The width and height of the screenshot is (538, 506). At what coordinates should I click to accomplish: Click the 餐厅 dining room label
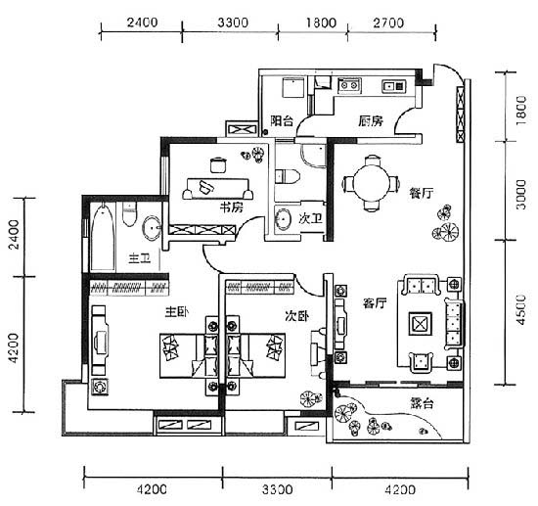[421, 193]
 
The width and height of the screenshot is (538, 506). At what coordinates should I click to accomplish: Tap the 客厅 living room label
[375, 303]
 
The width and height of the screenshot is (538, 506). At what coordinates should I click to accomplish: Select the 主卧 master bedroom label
[176, 312]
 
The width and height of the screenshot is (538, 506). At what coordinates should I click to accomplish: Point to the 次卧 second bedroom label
[297, 316]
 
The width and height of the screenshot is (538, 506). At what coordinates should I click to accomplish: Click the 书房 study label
[231, 207]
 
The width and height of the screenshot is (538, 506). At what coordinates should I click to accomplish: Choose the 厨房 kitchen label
[371, 120]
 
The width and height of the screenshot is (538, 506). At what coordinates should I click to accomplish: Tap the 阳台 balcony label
[282, 120]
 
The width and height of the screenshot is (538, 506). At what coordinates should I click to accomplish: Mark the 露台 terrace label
[422, 403]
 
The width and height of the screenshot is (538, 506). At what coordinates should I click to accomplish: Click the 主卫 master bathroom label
[140, 257]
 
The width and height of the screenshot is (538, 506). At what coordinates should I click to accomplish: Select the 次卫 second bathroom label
[310, 218]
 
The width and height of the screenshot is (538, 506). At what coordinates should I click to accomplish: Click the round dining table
[372, 182]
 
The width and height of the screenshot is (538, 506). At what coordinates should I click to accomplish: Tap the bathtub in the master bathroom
[103, 236]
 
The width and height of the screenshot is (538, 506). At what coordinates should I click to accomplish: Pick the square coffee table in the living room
[420, 324]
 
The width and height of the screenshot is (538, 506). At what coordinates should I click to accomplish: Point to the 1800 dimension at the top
[321, 23]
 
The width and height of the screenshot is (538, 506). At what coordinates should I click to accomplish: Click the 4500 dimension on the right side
[521, 309]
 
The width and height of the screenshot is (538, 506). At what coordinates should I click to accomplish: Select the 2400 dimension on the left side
[15, 235]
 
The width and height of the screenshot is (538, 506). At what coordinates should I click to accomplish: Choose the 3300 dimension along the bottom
[278, 489]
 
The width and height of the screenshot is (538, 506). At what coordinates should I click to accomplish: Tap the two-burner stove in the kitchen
[349, 85]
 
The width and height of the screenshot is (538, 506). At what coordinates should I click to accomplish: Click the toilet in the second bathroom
[288, 176]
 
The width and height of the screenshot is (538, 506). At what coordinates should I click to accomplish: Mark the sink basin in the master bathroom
[151, 227]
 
